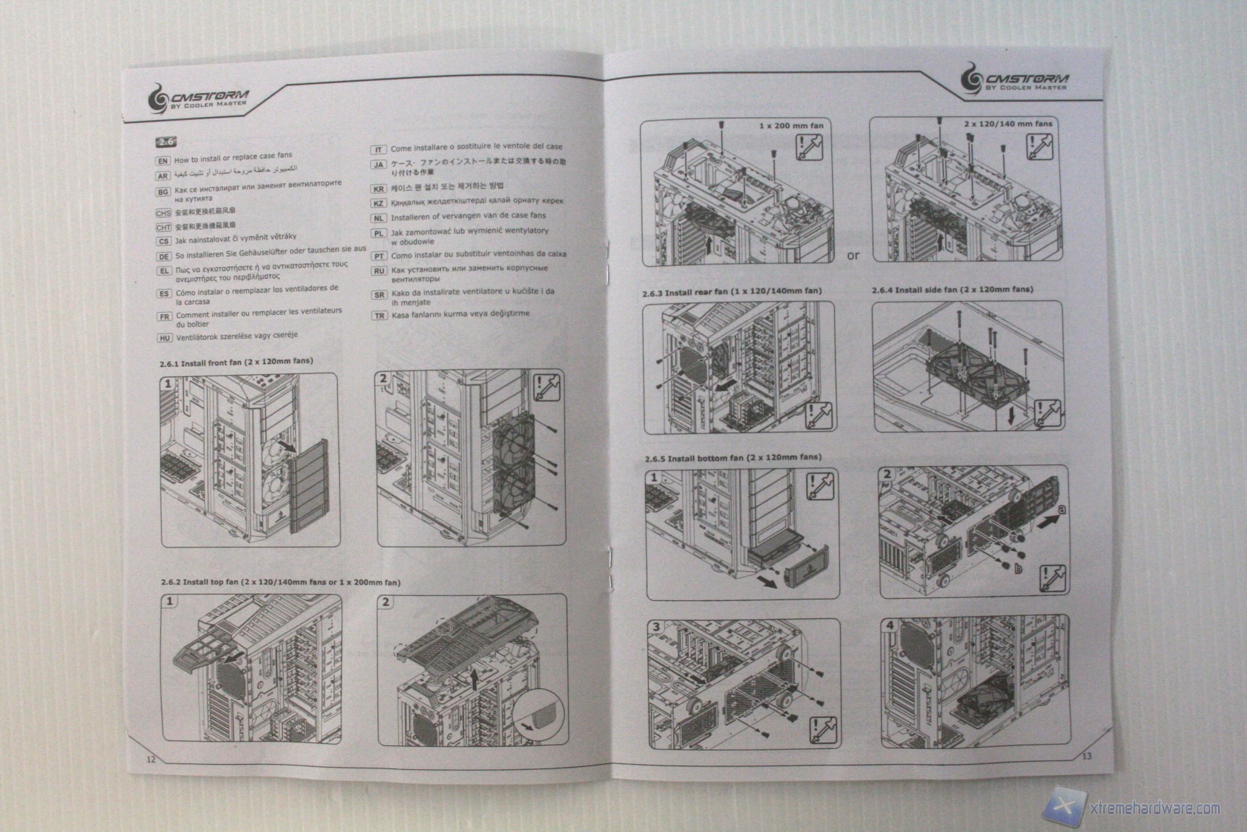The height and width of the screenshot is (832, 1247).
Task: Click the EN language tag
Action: coord(163,161)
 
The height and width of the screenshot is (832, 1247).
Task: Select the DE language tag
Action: coord(163,256)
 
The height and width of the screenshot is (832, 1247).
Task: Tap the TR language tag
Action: coord(379,316)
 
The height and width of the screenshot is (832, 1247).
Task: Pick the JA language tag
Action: coord(379,165)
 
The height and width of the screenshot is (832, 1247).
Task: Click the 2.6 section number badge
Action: coord(166,142)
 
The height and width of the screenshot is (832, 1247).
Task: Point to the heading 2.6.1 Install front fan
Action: coord(236,362)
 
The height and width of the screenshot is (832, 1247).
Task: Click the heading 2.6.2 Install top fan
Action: coord(280,582)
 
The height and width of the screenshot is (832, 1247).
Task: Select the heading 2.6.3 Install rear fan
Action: coord(732,292)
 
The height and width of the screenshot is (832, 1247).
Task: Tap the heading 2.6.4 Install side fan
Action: coord(952,290)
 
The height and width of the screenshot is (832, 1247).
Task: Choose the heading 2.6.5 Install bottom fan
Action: coord(732,458)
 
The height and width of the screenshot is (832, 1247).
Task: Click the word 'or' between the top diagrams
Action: coord(853,256)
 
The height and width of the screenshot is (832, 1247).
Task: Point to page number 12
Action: coord(151,759)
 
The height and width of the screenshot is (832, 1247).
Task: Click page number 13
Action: coord(1087,756)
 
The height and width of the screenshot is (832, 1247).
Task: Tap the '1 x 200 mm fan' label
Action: coord(791,126)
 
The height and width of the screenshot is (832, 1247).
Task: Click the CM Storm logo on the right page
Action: coord(1017,79)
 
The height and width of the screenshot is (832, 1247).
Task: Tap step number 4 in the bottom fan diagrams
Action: coord(890,625)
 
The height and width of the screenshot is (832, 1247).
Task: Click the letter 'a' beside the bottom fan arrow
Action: coord(1060,509)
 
